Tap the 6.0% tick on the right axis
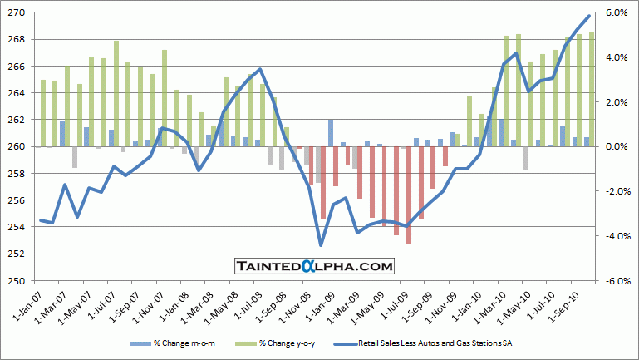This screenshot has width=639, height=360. coord(614,13)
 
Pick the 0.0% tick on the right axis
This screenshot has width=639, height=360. coord(614,146)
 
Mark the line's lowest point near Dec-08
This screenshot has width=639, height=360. coord(321,245)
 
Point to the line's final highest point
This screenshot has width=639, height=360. coord(589,16)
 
